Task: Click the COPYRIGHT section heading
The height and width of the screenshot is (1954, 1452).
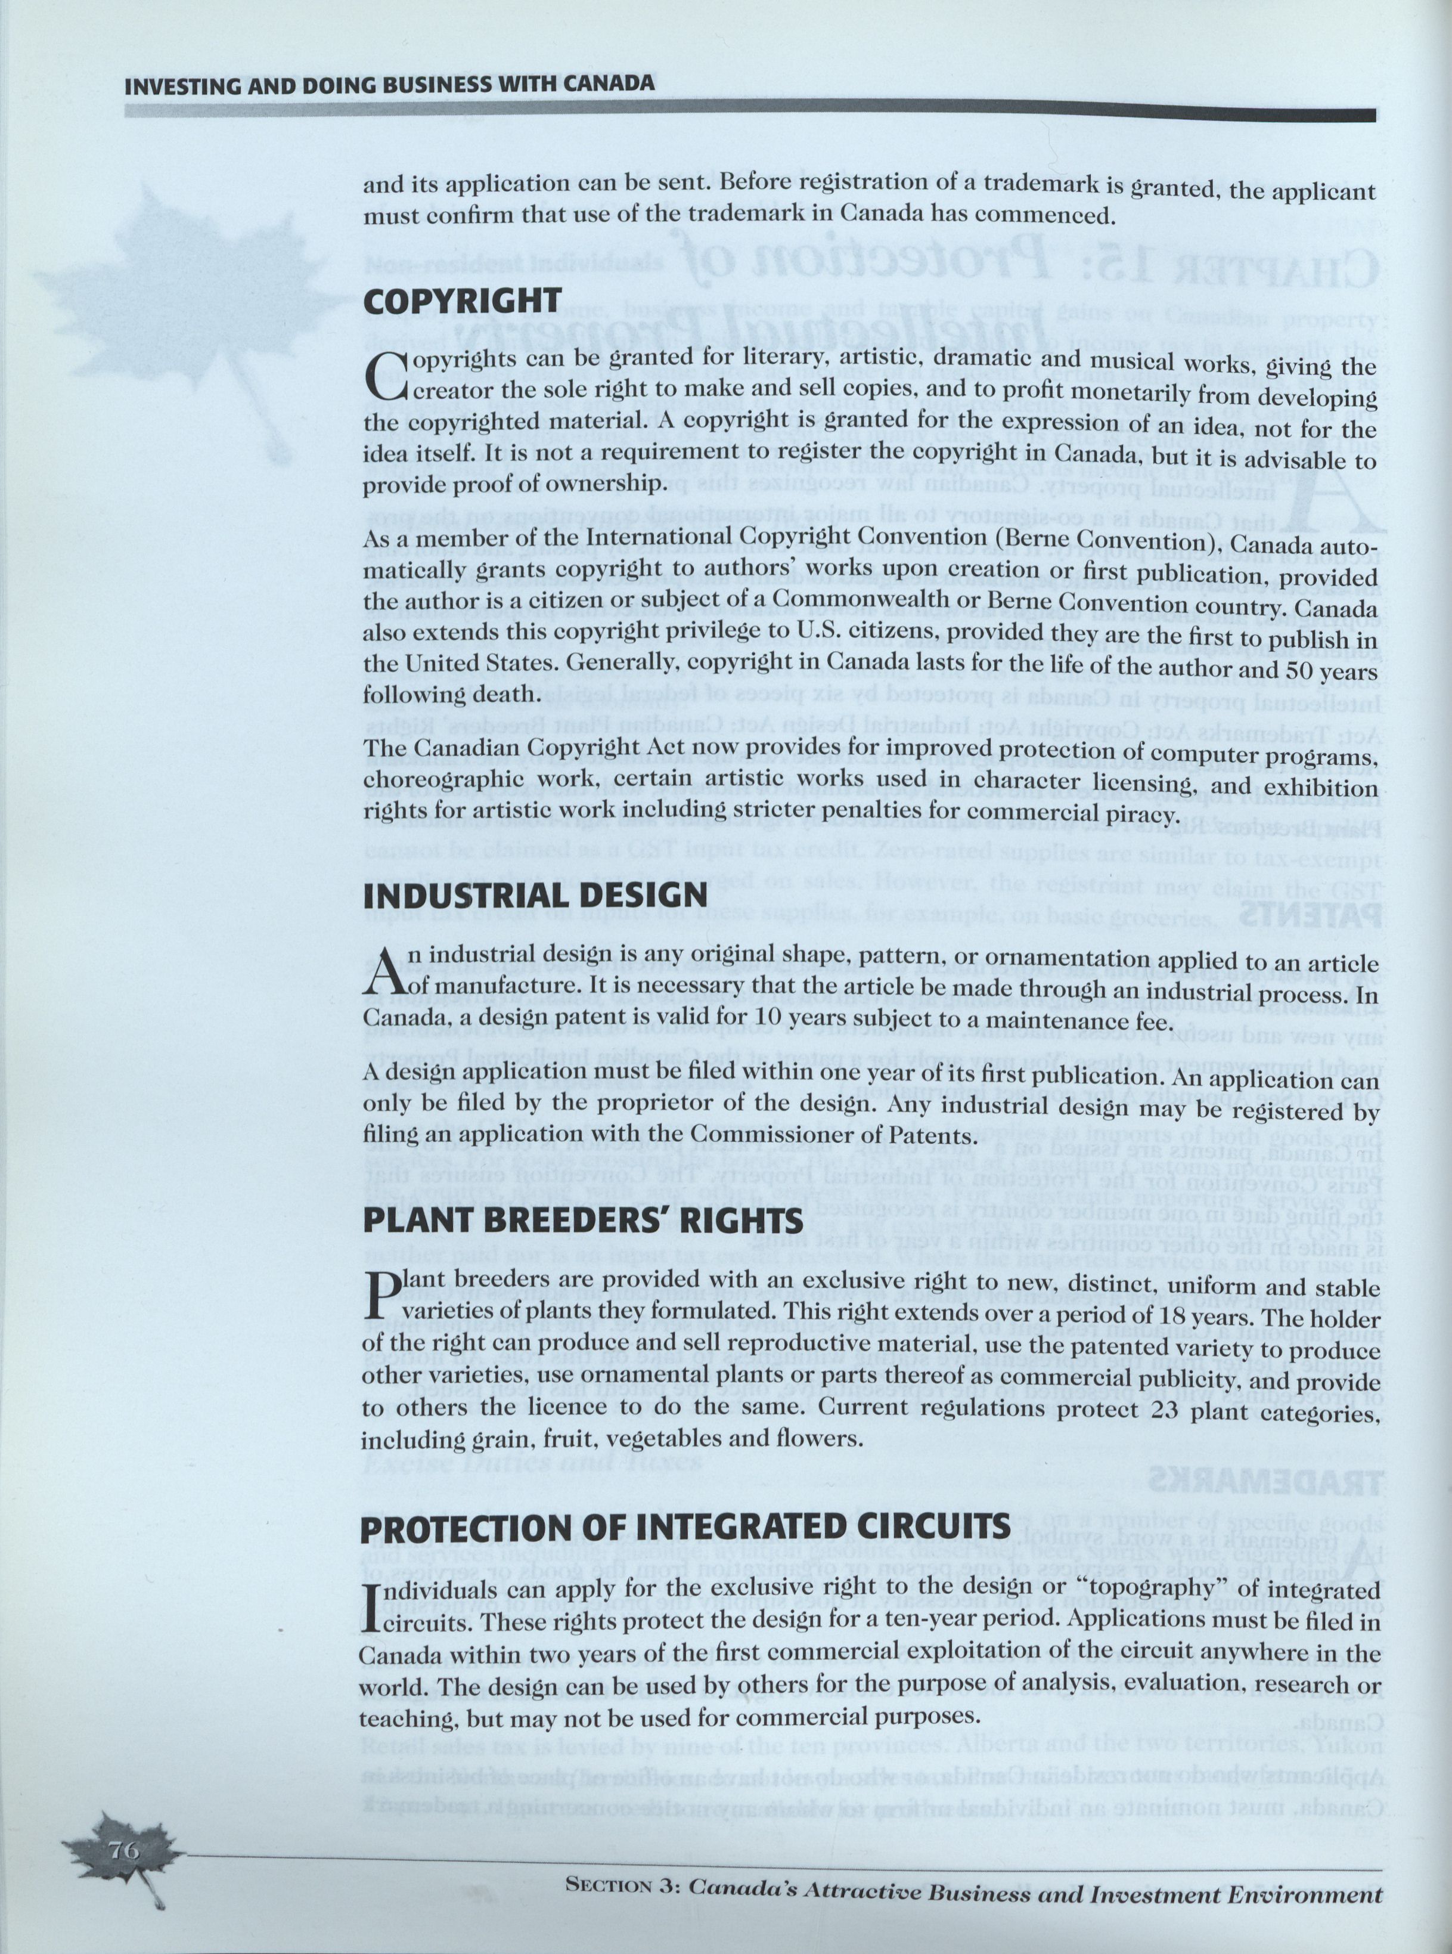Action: tap(461, 301)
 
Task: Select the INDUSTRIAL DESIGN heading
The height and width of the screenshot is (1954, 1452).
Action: tap(535, 896)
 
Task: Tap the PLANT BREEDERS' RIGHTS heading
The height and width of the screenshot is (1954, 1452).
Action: tap(582, 1221)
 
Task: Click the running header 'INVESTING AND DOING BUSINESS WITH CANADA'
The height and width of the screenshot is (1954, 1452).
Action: tap(389, 85)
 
